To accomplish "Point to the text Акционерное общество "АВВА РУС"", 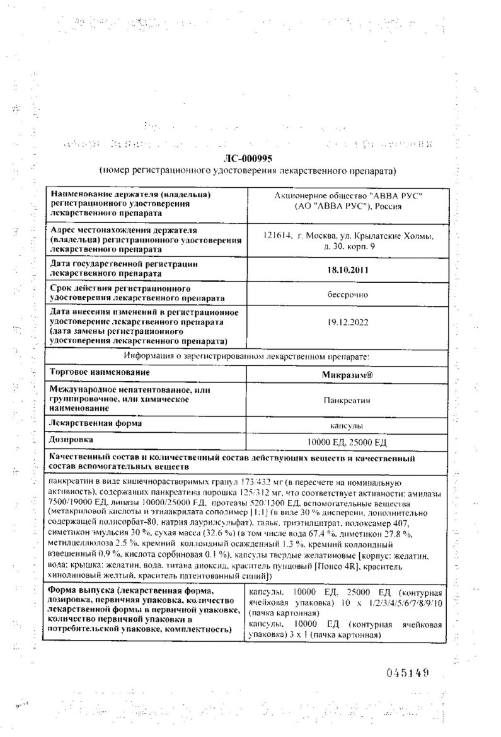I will click(348, 197).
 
